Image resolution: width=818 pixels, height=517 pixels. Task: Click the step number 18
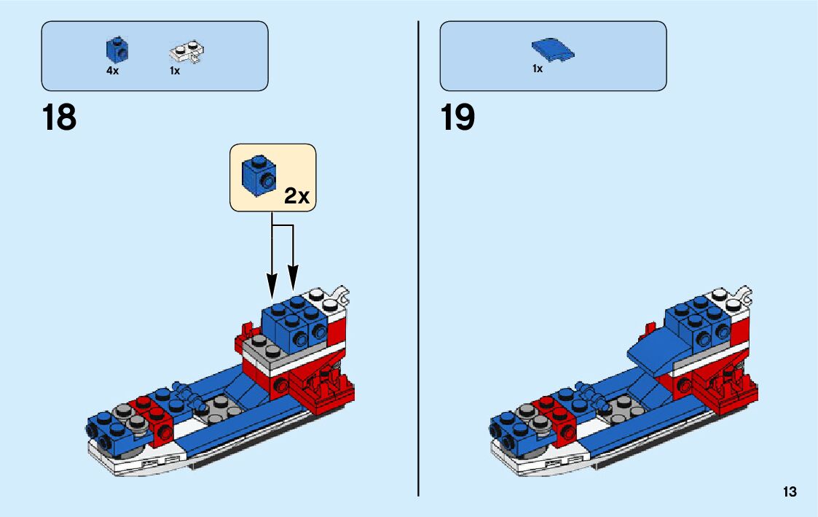coord(59,117)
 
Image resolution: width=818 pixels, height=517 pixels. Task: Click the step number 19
coord(457,117)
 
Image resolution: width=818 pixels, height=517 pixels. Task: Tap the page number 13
coord(790,492)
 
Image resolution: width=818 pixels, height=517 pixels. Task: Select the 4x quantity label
coord(112,71)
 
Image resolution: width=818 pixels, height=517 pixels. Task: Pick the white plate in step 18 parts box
coord(186,51)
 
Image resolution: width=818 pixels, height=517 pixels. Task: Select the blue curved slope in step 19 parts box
coord(553,50)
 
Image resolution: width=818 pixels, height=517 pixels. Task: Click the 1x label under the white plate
coord(175,71)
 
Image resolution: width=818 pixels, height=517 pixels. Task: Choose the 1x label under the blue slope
coord(538,69)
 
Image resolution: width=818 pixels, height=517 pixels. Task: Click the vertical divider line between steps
coord(418,255)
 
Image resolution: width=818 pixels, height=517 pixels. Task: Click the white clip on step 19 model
coord(744,295)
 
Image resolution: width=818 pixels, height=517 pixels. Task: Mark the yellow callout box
coord(273,177)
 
